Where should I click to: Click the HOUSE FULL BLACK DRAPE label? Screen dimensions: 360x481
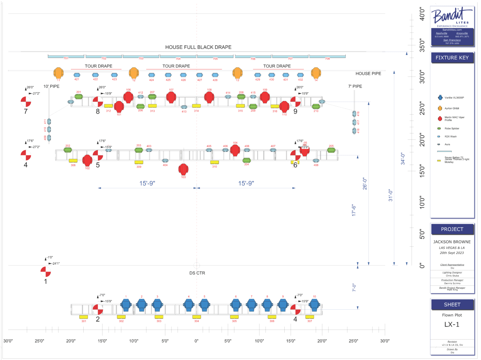coord(198,47)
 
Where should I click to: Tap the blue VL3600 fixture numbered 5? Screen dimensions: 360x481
coord(204,305)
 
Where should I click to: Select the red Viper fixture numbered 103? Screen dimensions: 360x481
coord(183,169)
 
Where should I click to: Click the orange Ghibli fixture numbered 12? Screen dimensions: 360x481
coord(134,73)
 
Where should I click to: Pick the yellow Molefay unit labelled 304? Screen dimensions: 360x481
coord(197,317)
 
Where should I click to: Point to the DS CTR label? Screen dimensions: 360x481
coord(197,273)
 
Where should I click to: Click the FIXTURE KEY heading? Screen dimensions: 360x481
coord(452,58)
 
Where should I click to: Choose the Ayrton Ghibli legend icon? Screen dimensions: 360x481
coord(440,108)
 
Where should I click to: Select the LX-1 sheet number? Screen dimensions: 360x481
coord(452,325)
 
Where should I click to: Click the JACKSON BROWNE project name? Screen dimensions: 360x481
coord(452,242)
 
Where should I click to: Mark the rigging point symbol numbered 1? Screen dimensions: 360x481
coord(46,272)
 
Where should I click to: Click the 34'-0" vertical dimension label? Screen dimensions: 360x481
coord(403,159)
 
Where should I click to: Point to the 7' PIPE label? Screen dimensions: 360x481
coord(355,86)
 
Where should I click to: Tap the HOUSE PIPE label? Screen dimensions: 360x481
coord(368,74)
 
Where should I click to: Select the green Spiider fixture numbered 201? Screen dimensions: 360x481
coord(79,97)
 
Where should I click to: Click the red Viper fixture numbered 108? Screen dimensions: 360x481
coord(209,97)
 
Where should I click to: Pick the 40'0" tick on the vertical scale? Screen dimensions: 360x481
coord(422,14)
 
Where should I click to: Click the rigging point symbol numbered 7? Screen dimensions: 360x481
coord(26,102)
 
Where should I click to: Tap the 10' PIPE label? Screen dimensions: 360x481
coord(51,86)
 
